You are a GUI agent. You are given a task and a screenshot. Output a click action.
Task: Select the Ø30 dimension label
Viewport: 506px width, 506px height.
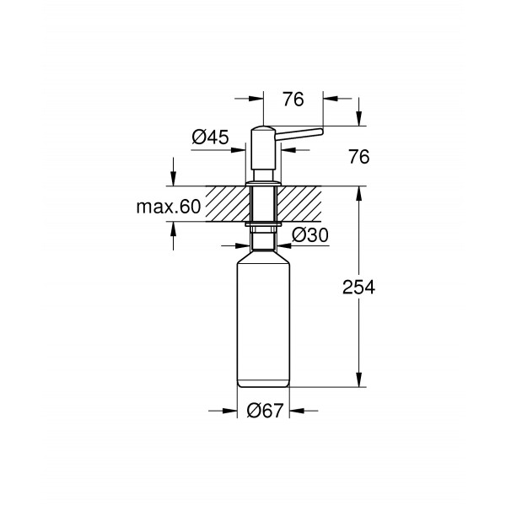[x=310, y=236]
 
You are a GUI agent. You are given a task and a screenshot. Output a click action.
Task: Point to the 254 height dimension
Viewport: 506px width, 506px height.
[x=358, y=287]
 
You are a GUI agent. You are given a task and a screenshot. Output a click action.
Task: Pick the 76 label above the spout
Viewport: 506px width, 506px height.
[x=293, y=100]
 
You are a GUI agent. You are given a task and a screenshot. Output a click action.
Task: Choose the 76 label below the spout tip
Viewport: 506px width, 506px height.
[x=358, y=157]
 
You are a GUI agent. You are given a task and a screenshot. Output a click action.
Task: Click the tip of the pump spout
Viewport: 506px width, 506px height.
[x=320, y=130]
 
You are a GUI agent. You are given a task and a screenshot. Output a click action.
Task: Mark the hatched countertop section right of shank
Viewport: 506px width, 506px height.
[x=304, y=203]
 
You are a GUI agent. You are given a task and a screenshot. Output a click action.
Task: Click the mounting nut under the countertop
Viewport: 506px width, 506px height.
[x=264, y=225]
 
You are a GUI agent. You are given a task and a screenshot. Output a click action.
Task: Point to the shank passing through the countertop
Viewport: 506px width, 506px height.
[x=264, y=203]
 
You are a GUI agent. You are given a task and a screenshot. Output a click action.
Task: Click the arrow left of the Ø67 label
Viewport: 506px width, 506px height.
[x=228, y=412]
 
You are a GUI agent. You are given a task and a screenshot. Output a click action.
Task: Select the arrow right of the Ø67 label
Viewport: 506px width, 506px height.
[x=301, y=412]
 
